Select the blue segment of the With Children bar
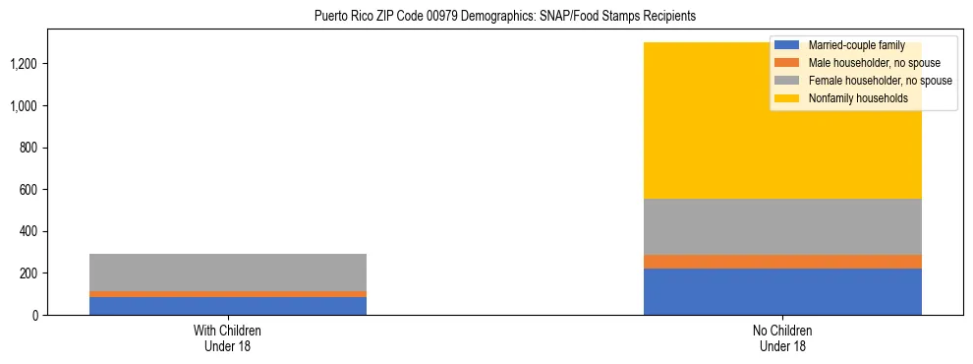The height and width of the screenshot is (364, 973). (x=228, y=305)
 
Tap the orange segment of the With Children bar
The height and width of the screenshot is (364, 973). (x=228, y=293)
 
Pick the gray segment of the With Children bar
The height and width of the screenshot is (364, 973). (x=228, y=272)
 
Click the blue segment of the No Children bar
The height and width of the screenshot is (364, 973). (x=782, y=291)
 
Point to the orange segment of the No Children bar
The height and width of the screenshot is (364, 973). (x=782, y=262)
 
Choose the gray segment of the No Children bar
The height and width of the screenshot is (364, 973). (x=782, y=226)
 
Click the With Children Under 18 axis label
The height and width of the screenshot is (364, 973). (x=228, y=337)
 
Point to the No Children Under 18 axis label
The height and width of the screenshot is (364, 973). (x=782, y=337)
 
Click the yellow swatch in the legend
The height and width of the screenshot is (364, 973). (x=788, y=98)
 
